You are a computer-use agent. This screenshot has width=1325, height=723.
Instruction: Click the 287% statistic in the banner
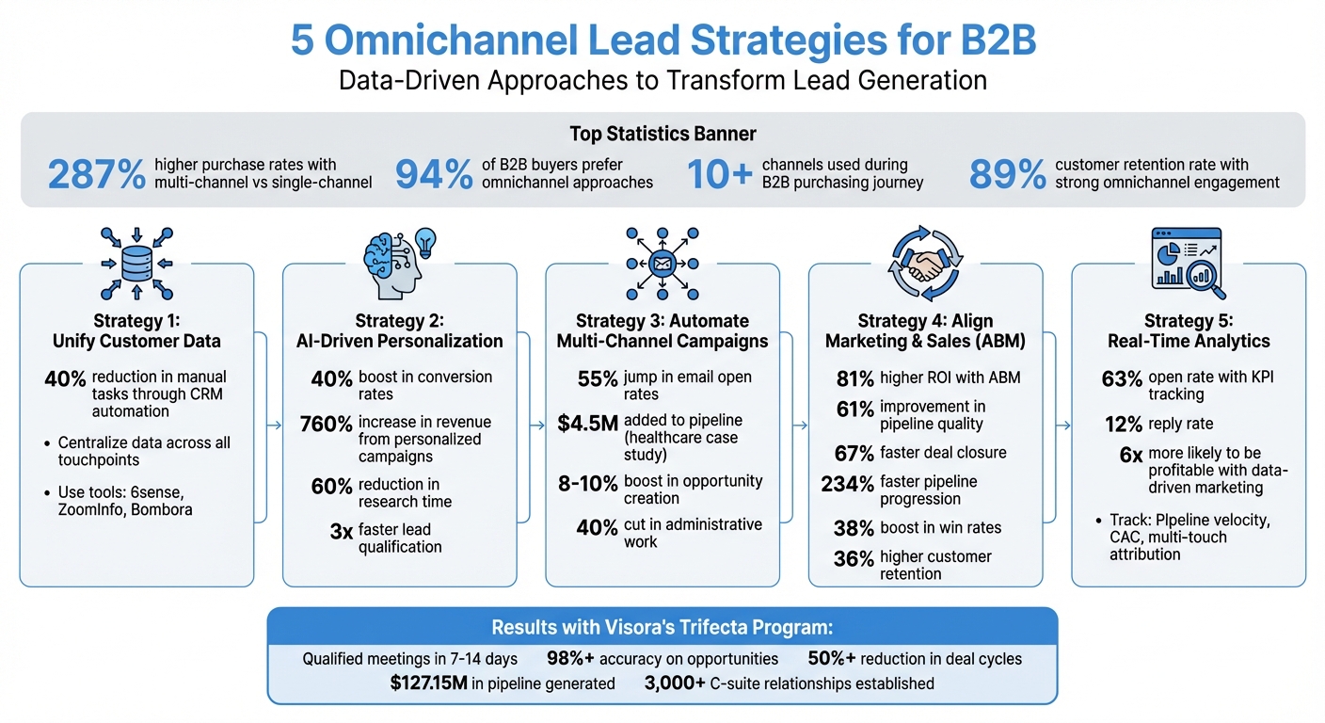pyautogui.click(x=96, y=175)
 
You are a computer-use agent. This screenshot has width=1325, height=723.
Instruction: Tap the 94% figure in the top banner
pyautogui.click(x=433, y=175)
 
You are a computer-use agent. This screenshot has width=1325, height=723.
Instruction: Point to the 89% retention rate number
pyautogui.click(x=1007, y=175)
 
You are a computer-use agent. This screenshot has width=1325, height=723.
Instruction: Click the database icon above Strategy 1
pyautogui.click(x=136, y=263)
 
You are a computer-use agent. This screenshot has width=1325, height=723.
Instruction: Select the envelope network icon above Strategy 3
pyautogui.click(x=662, y=263)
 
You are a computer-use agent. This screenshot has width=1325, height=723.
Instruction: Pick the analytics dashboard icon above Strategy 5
pyautogui.click(x=1187, y=258)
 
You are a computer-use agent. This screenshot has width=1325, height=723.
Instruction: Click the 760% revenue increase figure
pyautogui.click(x=326, y=424)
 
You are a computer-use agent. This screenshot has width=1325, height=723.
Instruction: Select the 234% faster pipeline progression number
pyautogui.click(x=848, y=484)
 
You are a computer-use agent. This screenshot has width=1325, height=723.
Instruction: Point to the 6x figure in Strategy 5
pyautogui.click(x=1131, y=455)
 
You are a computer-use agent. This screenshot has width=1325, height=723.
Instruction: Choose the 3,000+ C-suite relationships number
pyautogui.click(x=675, y=683)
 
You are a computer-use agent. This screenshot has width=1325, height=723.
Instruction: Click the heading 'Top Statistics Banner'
pyautogui.click(x=662, y=134)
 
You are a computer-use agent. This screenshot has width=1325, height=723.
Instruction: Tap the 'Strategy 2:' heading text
pyautogui.click(x=399, y=321)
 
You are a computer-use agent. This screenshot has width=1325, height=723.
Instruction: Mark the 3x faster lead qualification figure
pyautogui.click(x=341, y=532)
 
